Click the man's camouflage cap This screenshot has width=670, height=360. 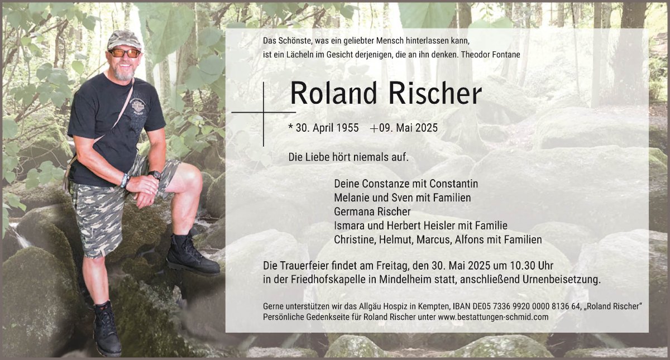124,40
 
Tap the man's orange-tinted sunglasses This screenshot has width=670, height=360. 125,53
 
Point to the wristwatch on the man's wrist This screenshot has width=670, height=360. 155,175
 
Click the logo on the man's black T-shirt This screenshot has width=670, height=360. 138,107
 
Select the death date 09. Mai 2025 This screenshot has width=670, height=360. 408,128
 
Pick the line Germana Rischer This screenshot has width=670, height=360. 372,212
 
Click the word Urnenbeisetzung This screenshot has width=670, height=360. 562,279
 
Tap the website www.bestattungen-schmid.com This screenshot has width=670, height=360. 493,317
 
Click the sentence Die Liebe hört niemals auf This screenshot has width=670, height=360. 348,157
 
